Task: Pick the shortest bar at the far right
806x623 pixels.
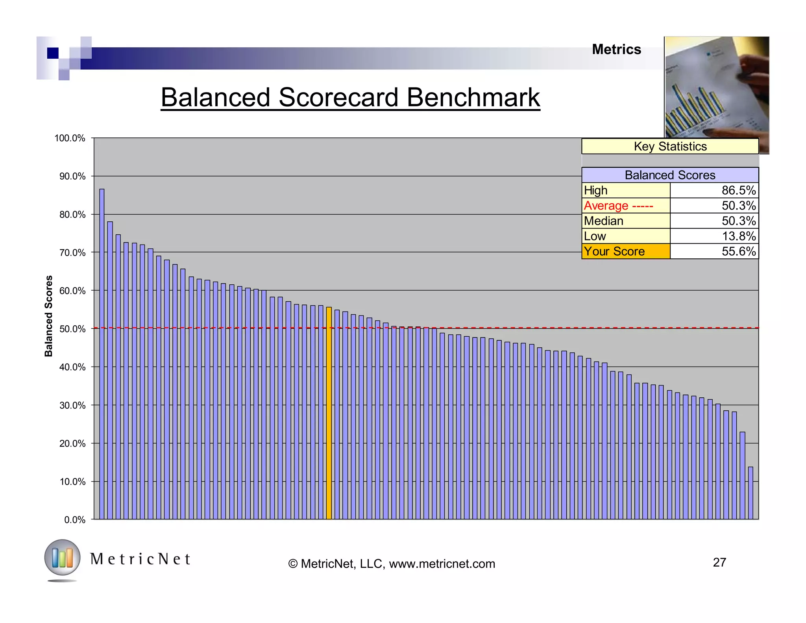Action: pyautogui.click(x=750, y=493)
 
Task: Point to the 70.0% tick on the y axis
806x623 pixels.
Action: pyautogui.click(x=72, y=253)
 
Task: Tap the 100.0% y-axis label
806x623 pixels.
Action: pyautogui.click(x=70, y=138)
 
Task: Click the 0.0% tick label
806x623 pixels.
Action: pyautogui.click(x=75, y=520)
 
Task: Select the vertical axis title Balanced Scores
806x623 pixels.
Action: pyautogui.click(x=48, y=316)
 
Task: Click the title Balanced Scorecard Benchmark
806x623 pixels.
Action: pyautogui.click(x=350, y=97)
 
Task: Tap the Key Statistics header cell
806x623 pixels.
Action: pyautogui.click(x=670, y=146)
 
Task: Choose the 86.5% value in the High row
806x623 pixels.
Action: pyautogui.click(x=738, y=191)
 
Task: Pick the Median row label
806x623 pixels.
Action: pyautogui.click(x=604, y=221)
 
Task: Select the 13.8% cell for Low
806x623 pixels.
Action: pyautogui.click(x=738, y=236)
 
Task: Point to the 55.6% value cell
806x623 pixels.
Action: pyautogui.click(x=738, y=251)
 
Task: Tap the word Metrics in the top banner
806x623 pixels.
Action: pyautogui.click(x=616, y=50)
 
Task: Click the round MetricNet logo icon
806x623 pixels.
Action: pyautogui.click(x=62, y=558)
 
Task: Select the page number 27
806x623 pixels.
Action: pyautogui.click(x=719, y=562)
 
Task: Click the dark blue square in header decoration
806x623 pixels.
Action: pyautogui.click(x=53, y=53)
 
